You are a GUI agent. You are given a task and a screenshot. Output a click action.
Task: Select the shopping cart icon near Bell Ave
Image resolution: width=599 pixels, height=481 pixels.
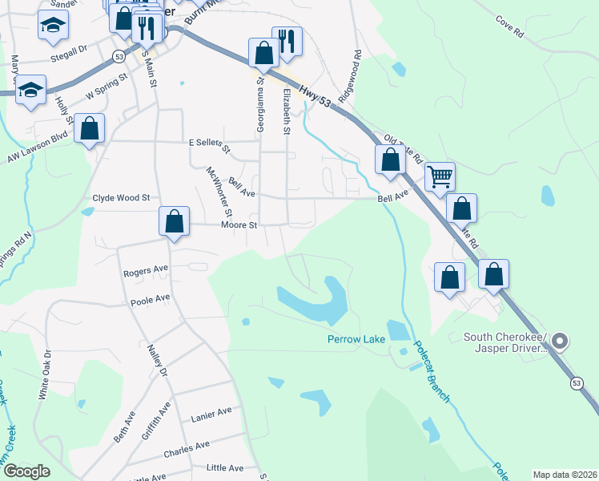tap(440, 176)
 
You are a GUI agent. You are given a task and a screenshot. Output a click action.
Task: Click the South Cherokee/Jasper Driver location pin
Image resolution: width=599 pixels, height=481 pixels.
tap(561, 342)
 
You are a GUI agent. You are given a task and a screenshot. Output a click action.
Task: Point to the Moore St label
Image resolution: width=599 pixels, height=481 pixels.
tap(239, 226)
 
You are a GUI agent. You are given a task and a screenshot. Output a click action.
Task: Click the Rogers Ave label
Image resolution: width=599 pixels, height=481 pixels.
tap(146, 271)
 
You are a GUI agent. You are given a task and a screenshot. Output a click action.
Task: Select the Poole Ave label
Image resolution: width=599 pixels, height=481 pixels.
tap(151, 300)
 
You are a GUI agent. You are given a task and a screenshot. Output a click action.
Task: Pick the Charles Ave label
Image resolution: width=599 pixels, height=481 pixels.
tap(186, 447)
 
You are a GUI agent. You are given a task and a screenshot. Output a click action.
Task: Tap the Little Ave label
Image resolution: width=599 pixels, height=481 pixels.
tap(224, 467)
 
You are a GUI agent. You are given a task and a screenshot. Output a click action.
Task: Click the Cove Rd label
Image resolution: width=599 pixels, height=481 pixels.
tap(509, 26)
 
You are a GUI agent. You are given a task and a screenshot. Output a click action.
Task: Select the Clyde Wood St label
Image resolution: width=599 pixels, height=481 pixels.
tap(122, 197)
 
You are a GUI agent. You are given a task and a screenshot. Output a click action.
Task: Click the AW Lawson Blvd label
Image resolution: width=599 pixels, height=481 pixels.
tap(38, 148)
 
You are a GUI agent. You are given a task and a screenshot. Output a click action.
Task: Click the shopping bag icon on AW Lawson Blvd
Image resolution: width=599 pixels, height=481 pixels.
tap(89, 128)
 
